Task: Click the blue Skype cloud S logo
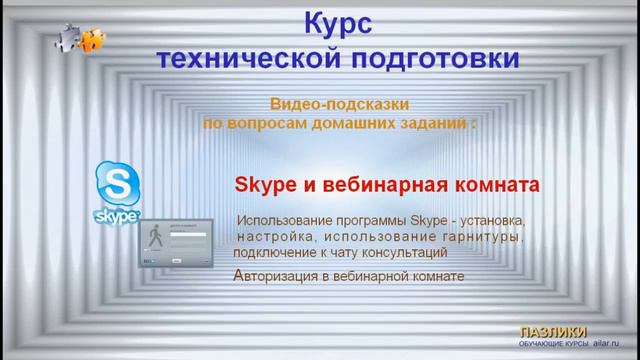tap(117, 184)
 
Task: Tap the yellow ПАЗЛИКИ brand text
tap(553, 332)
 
